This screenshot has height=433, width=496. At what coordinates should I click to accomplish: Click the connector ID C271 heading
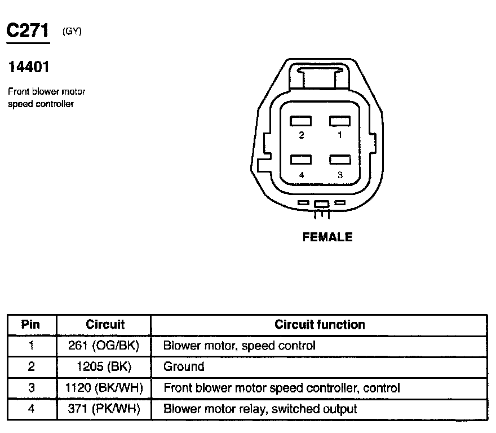tap(28, 31)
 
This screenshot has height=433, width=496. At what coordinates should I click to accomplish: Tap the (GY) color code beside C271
tap(72, 32)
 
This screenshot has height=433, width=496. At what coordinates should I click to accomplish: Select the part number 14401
tap(29, 68)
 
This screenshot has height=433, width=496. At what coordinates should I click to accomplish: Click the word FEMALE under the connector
tap(327, 237)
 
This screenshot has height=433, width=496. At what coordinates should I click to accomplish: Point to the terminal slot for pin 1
tap(340, 121)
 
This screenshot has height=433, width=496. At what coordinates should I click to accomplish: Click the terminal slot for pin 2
tap(302, 121)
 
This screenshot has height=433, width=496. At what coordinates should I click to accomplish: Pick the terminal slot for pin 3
tap(340, 160)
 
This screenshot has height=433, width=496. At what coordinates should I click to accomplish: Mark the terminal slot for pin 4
tap(302, 160)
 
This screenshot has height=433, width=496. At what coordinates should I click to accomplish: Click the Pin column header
tap(31, 325)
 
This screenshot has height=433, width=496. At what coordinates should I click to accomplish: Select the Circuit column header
tap(105, 325)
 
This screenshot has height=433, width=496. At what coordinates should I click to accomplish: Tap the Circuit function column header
tap(320, 325)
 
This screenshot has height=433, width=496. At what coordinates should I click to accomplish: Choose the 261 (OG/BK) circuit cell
tap(104, 346)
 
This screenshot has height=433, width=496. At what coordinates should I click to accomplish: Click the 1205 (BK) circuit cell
tap(104, 367)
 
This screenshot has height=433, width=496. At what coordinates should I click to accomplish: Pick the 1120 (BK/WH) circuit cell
tap(104, 388)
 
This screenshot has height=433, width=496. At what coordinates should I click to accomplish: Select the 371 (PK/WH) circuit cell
tap(104, 409)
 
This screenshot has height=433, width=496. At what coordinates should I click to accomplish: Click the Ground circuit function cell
tap(184, 367)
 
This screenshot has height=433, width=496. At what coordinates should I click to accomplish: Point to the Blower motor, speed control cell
tap(239, 346)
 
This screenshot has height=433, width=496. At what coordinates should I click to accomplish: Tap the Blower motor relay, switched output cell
tap(260, 409)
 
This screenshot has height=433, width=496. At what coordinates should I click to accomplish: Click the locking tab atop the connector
tap(320, 76)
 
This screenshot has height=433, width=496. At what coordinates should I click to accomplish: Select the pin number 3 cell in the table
tap(31, 388)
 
